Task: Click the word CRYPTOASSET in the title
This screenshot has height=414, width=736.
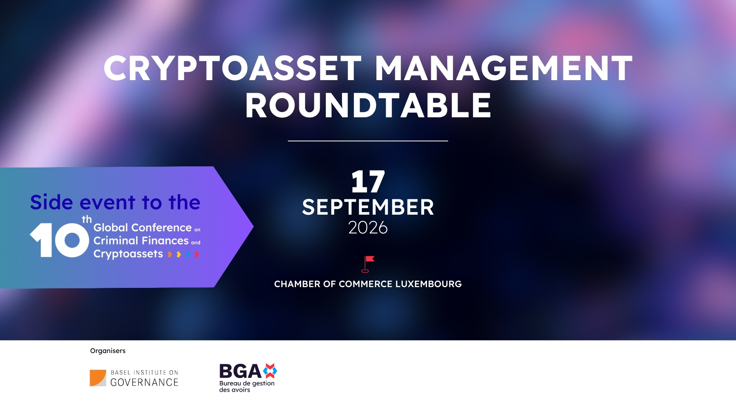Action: click(232, 69)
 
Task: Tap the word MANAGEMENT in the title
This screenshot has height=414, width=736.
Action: click(503, 69)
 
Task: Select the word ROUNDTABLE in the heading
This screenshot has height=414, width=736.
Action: click(368, 106)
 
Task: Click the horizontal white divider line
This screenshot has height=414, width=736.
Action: click(368, 141)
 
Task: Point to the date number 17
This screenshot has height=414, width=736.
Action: click(368, 182)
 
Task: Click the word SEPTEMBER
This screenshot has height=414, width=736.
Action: click(368, 207)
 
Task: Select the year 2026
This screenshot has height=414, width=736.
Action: click(368, 228)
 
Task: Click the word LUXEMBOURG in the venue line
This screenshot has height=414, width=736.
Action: click(428, 284)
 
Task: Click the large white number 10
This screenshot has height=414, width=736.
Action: click(59, 240)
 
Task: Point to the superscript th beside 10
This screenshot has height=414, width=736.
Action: click(87, 220)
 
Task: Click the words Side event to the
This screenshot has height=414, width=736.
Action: click(115, 202)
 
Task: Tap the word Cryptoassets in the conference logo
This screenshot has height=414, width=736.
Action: click(128, 254)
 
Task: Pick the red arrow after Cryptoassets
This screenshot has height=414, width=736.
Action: click(197, 254)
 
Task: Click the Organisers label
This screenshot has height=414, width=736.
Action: click(108, 351)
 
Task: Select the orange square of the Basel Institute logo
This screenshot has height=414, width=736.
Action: click(97, 378)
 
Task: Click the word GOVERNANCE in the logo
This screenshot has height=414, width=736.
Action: click(144, 383)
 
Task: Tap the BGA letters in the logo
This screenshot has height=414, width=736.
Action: click(240, 371)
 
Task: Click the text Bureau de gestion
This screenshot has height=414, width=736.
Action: click(246, 383)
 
